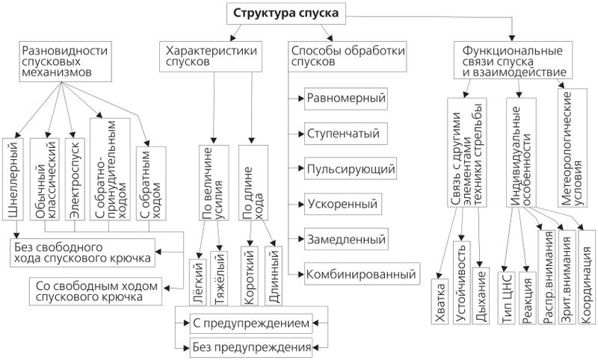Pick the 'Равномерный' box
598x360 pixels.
pyautogui.click(x=345, y=98)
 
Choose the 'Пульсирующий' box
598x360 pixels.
pyautogui.click(x=350, y=169)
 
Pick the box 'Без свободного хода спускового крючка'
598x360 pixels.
pyautogui.click(x=84, y=252)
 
